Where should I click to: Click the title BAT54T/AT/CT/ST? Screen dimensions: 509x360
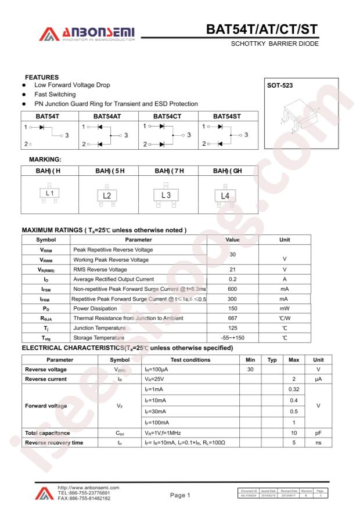[263, 30]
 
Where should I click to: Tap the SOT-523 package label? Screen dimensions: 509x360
[280, 85]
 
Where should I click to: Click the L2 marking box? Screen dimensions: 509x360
[107, 196]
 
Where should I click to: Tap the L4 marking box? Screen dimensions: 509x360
[225, 196]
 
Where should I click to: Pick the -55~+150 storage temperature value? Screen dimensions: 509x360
[232, 338]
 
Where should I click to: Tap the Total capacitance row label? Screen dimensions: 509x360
[47, 432]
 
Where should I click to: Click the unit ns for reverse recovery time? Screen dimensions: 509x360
[318, 443]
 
